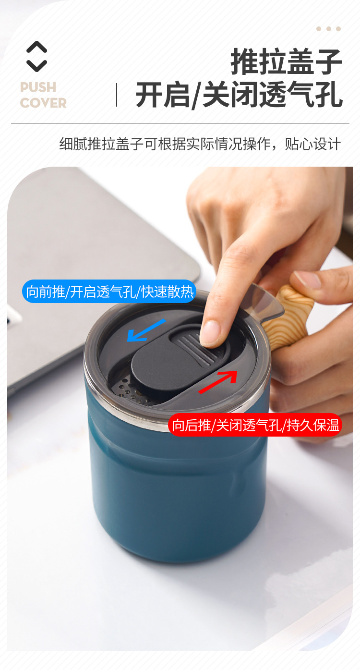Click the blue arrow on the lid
pos(146,330)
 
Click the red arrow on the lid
pos(218,382)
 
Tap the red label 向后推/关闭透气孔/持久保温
pos(255,425)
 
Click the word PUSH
pos(38,87)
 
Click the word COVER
pos(43,103)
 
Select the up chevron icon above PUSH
pos(36,47)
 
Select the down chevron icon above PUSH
pos(36,65)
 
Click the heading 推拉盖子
pos(286,61)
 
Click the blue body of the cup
pos(178,490)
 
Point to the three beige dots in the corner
pos(328,29)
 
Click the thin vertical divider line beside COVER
pos(117,95)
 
